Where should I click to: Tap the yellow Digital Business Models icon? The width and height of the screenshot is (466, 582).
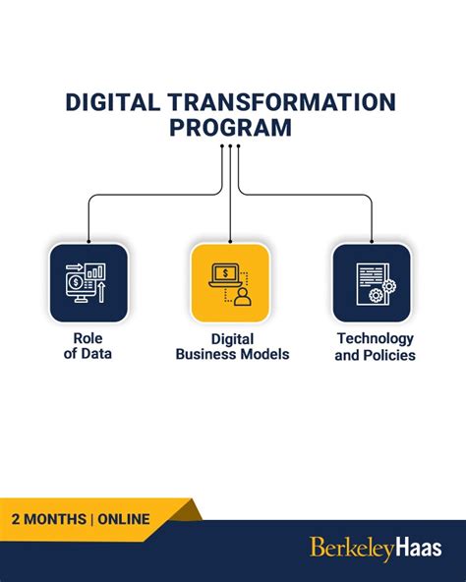click(x=230, y=283)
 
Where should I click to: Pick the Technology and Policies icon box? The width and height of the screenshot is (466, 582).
click(x=372, y=283)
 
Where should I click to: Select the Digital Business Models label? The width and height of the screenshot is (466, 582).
click(x=232, y=345)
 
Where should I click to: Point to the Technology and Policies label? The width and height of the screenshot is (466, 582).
click(x=375, y=345)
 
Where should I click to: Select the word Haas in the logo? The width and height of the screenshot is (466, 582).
click(x=420, y=548)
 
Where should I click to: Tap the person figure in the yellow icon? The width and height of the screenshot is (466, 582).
click(x=242, y=295)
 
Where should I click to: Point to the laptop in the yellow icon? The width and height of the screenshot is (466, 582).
click(x=223, y=276)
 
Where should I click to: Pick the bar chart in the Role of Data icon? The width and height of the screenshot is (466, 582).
click(x=96, y=269)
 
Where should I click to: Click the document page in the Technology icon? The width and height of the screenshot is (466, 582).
click(x=368, y=278)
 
